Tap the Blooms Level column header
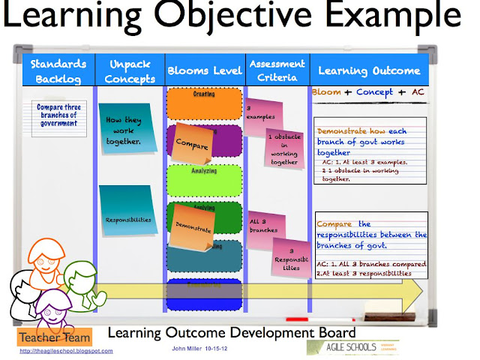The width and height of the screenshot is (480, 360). coord(204,70)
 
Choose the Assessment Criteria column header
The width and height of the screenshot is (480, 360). coord(277,70)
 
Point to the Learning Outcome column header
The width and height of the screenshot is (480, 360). coord(369,70)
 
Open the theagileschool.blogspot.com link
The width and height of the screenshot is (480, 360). coord(66,350)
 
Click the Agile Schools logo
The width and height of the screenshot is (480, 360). coord(353,347)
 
